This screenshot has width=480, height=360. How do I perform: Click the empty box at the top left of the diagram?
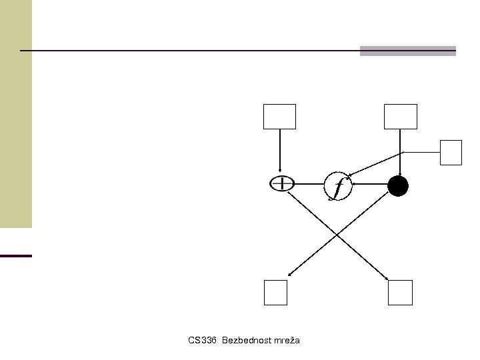[x=279, y=117]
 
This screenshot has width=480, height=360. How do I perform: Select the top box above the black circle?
[x=400, y=117]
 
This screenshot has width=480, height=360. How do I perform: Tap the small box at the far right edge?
[x=451, y=152]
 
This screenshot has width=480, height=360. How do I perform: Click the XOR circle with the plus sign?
[x=282, y=183]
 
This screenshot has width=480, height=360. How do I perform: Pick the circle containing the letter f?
[x=338, y=185]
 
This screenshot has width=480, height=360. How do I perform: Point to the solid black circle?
[x=397, y=187]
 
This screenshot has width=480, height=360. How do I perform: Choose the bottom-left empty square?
[x=275, y=292]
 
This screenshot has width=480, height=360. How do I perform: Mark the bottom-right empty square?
[x=400, y=292]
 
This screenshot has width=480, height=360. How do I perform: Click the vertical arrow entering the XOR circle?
[x=280, y=150]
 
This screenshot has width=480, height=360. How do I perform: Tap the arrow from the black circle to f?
[x=370, y=185]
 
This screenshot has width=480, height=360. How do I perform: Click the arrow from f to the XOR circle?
[x=309, y=184]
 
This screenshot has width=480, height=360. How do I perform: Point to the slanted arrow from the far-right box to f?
[x=377, y=163]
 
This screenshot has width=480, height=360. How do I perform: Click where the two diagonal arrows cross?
[x=338, y=235]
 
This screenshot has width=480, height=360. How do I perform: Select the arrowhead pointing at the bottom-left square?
[x=290, y=275]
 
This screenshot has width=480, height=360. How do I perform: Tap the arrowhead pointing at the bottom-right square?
[x=387, y=277]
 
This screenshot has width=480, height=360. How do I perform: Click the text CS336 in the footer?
[x=203, y=341]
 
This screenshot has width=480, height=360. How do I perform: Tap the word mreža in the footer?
[x=286, y=341]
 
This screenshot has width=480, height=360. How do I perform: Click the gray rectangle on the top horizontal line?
[x=407, y=51]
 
